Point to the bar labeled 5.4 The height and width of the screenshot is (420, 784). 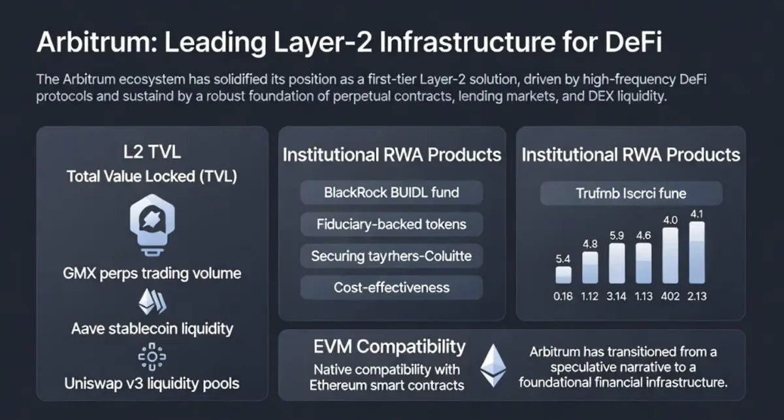563,274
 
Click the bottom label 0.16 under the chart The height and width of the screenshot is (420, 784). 563,296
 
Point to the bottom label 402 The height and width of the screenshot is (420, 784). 670,296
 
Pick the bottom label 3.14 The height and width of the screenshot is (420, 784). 617,296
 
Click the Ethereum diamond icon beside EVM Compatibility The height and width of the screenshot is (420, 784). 492,366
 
